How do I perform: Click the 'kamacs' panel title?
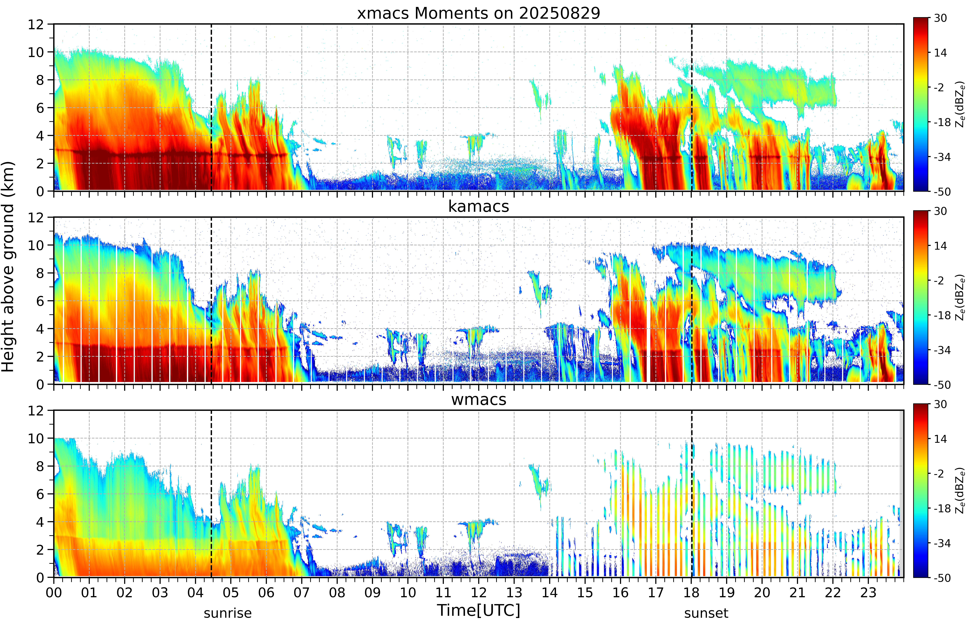tap(478, 206)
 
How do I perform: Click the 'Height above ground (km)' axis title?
tap(8, 267)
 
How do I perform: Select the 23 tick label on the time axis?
tap(868, 592)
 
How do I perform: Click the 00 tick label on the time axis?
tap(54, 592)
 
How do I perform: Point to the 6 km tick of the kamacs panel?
tap(40, 301)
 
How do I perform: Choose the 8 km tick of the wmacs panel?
tap(40, 467)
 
